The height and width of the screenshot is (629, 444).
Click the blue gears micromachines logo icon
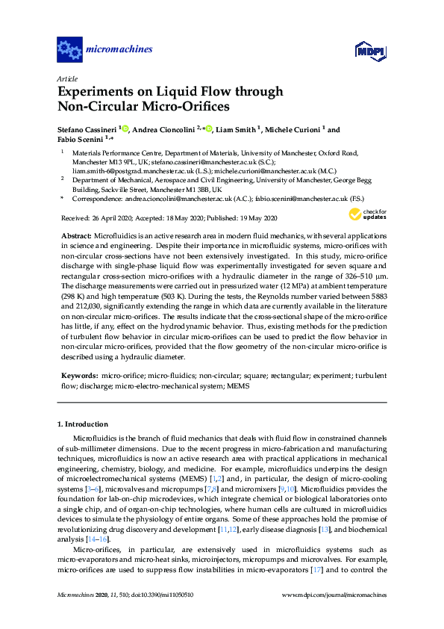point(69,50)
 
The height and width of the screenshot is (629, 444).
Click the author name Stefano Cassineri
point(89,128)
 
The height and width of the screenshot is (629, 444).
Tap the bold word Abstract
point(75,235)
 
